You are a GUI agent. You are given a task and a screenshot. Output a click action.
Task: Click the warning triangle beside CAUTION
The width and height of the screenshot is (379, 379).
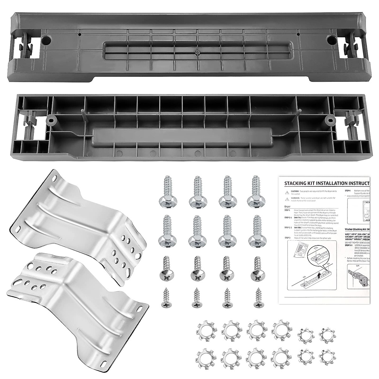pyautogui.click(x=286, y=192)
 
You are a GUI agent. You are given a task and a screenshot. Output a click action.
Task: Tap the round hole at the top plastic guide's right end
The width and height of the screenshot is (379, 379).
pyautogui.click(x=332, y=40)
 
